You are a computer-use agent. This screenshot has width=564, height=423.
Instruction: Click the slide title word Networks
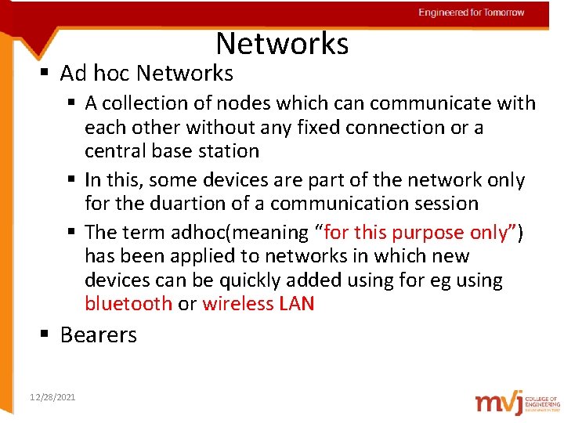pyautogui.click(x=282, y=43)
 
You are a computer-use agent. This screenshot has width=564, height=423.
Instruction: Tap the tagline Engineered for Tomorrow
pyautogui.click(x=471, y=13)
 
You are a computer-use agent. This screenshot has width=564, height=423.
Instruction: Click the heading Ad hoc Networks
pyautogui.click(x=146, y=74)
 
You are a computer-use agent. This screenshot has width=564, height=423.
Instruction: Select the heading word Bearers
pyautogui.click(x=98, y=335)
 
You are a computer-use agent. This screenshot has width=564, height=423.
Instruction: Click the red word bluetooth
pyautogui.click(x=128, y=304)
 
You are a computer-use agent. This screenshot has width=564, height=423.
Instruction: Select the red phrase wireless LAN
pyautogui.click(x=258, y=304)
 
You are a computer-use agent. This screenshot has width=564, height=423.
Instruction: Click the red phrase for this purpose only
pyautogui.click(x=416, y=233)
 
